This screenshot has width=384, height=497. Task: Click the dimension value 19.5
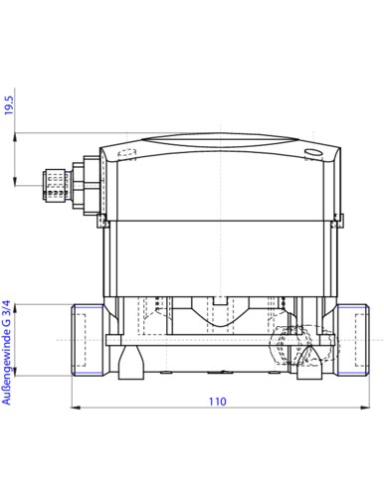tap(9, 105)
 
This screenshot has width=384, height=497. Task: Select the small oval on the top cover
tap(313, 152)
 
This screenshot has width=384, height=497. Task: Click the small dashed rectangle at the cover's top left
tap(125, 154)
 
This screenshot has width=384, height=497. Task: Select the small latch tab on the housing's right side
tap(338, 221)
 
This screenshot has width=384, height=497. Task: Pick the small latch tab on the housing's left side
tap(100, 221)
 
